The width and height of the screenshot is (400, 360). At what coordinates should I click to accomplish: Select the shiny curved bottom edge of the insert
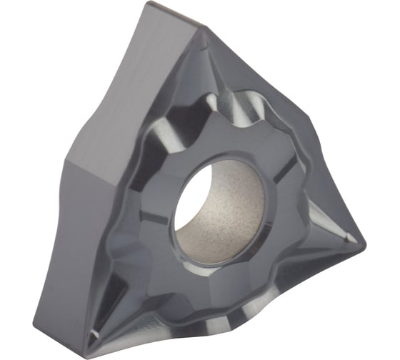tap(236, 336)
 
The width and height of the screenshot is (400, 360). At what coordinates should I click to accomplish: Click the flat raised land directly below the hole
tap(214, 286)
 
